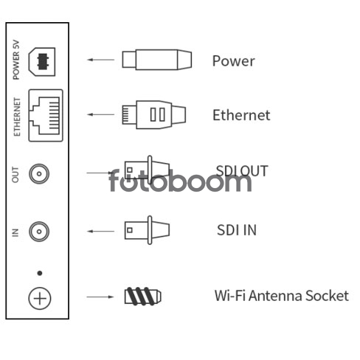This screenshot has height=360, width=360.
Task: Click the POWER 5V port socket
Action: (42, 61)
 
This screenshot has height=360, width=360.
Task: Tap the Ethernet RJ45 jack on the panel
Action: (46, 115)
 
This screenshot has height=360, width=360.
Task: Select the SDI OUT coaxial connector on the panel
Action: (39, 173)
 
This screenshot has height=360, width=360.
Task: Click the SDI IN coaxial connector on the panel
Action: (39, 232)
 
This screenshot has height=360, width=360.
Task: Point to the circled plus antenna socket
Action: (40, 298)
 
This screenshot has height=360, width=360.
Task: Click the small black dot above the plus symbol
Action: (40, 273)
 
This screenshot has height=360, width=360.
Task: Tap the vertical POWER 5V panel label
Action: (16, 60)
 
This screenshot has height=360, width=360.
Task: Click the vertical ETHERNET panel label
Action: (17, 117)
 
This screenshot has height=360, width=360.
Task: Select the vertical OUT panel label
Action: (15, 175)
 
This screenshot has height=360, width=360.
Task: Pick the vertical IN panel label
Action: (15, 232)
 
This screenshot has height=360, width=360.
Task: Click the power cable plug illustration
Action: (157, 60)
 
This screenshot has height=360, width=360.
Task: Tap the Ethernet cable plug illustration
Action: (154, 114)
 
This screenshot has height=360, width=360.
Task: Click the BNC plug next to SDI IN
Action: (147, 230)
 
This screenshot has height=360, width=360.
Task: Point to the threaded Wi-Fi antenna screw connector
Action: (143, 297)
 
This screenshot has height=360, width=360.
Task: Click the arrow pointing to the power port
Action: (101, 60)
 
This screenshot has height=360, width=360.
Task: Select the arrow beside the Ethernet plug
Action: (101, 114)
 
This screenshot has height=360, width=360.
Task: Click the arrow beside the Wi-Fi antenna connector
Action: (100, 297)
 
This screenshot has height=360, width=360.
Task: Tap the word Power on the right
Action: (233, 60)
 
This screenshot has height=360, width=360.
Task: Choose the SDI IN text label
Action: (237, 230)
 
